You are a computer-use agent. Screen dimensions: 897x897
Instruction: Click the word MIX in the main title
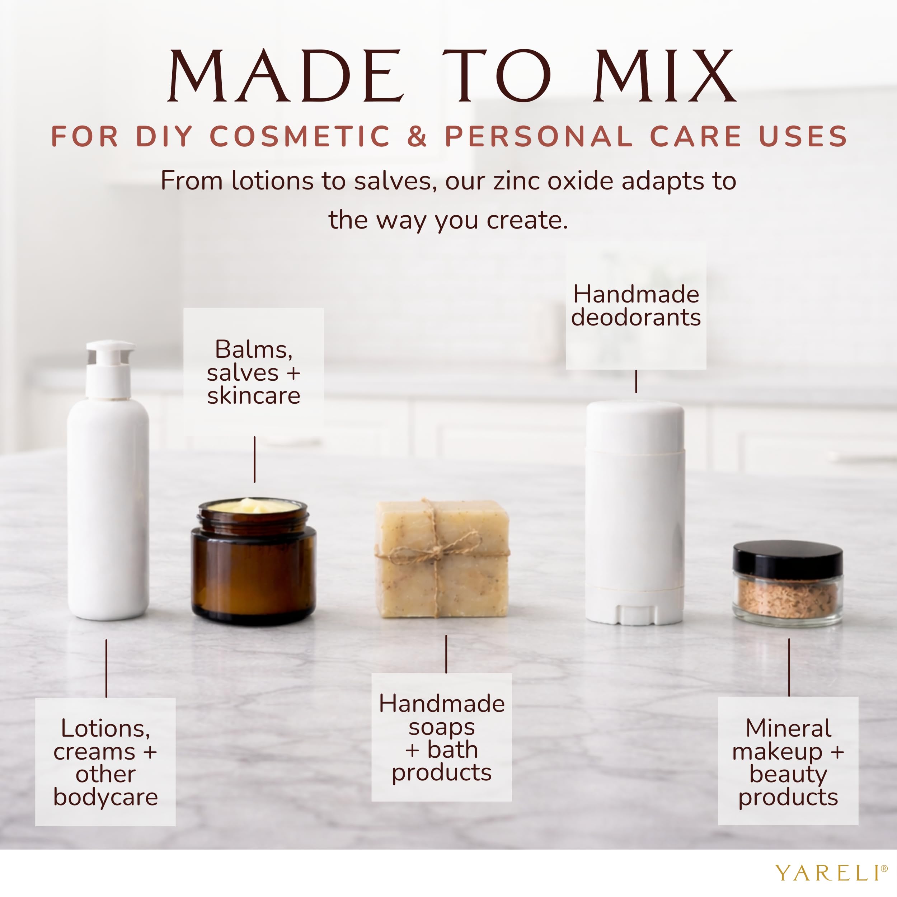pyautogui.click(x=664, y=76)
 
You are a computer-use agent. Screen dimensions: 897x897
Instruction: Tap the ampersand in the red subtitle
pyautogui.click(x=417, y=136)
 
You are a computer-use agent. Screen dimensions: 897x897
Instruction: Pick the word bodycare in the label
pyautogui.click(x=105, y=798)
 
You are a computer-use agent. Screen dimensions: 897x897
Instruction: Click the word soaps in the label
pyautogui.click(x=442, y=727)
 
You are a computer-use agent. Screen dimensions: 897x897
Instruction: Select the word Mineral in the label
pyautogui.click(x=788, y=728)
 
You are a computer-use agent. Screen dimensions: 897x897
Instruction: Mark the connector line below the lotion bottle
pyautogui.click(x=106, y=668)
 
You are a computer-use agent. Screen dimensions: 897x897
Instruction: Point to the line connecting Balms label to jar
pyautogui.click(x=254, y=459)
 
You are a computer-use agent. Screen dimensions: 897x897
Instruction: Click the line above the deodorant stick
pyautogui.click(x=636, y=381)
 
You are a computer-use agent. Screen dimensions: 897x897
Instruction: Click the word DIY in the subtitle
pyautogui.click(x=164, y=136)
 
